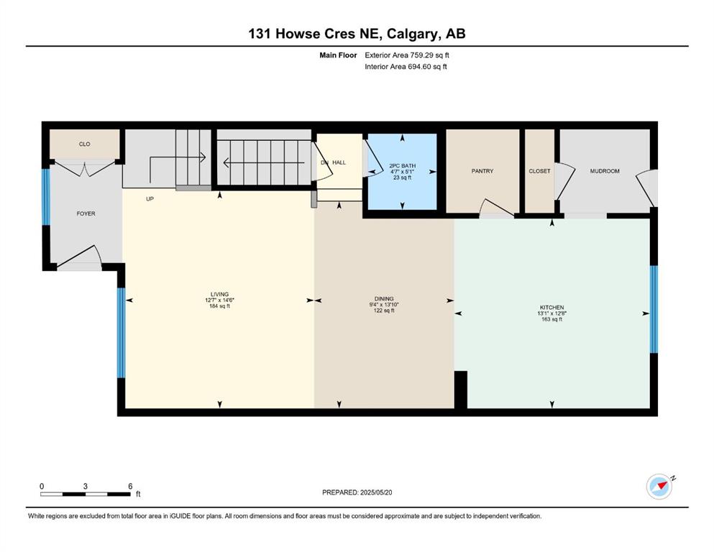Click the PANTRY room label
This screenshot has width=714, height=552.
482,171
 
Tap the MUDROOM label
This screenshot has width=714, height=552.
605,171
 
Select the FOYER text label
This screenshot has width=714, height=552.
86,213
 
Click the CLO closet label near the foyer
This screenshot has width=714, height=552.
85,144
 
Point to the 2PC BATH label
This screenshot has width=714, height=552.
403,166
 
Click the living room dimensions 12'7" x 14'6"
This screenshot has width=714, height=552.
219,300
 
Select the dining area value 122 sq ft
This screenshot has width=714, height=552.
384,310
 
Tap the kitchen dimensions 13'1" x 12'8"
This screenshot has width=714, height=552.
552,313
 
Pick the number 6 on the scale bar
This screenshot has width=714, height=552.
130,486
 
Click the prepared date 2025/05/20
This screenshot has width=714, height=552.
376,492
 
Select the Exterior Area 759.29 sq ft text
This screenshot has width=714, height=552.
407,55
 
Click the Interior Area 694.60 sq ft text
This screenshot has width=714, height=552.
406,66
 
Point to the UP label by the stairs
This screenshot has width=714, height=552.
150,199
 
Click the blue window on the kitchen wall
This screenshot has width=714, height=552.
654,309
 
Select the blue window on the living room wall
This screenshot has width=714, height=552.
121,333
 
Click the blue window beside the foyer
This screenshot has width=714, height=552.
45,197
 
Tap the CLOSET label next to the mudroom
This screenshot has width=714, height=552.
539,171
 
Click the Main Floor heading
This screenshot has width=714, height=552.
339,55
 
